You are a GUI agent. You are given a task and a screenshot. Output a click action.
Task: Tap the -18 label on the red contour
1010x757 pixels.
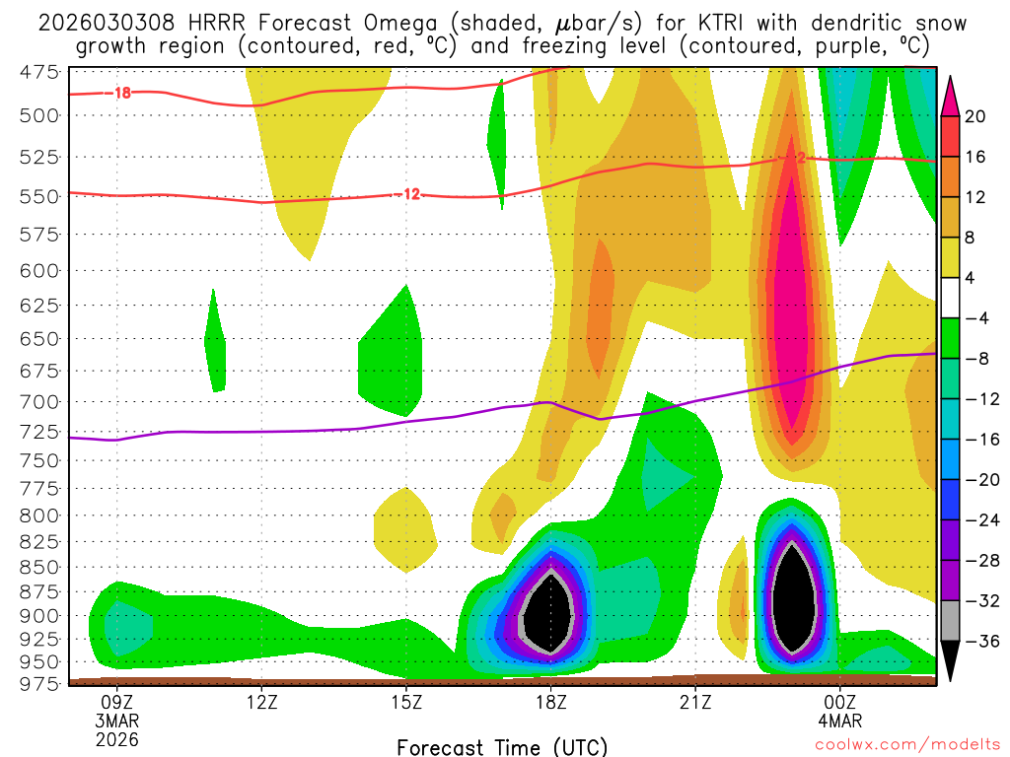click(122, 94)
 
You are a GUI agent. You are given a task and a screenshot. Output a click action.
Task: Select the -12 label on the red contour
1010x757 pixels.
click(411, 194)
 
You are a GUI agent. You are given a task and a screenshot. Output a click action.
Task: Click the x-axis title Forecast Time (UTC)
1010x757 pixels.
click(502, 746)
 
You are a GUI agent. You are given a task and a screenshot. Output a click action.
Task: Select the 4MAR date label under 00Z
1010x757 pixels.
click(839, 721)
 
